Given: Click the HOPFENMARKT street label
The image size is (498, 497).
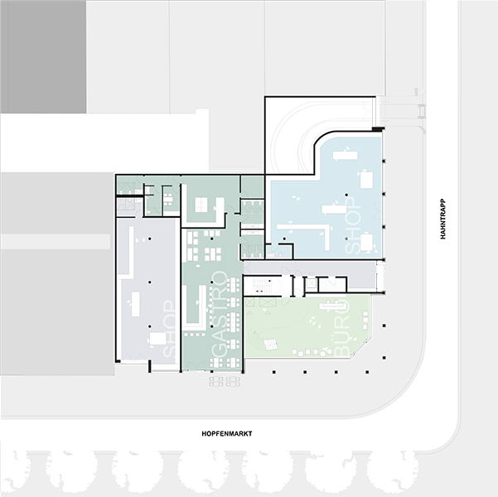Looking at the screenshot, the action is pyautogui.click(x=227, y=433).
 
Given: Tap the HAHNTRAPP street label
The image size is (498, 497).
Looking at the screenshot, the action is pyautogui.click(x=442, y=219).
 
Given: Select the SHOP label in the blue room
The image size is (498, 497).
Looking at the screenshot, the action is pyautogui.click(x=353, y=226).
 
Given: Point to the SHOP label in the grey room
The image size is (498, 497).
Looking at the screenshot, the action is pyautogui.click(x=169, y=329).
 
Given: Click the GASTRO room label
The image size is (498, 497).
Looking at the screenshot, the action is pyautogui.click(x=220, y=315).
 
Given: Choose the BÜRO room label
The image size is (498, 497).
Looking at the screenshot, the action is pyautogui.click(x=341, y=327).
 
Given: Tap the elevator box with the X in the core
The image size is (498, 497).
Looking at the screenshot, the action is pyautogui.click(x=311, y=283).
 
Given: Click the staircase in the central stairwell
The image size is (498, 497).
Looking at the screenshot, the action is pyautogui.click(x=260, y=285).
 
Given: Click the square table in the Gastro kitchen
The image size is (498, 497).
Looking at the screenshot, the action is pyautogui.click(x=201, y=205).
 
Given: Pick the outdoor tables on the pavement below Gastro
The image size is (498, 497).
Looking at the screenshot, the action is pyautogui.click(x=225, y=381).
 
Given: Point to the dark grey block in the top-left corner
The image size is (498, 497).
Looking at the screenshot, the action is pyautogui.click(x=44, y=56).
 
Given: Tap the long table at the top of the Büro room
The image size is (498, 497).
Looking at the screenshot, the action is pyautogui.click(x=332, y=306).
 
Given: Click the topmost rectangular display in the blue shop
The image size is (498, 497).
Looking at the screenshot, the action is pyautogui.click(x=346, y=156).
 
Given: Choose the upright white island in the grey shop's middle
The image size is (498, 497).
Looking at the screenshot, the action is pyautogui.click(x=136, y=304).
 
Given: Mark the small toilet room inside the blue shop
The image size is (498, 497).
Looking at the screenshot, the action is pyautogui.click(x=278, y=252).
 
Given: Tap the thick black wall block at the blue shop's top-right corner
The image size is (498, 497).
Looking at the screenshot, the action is pyautogui.click(x=378, y=129).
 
